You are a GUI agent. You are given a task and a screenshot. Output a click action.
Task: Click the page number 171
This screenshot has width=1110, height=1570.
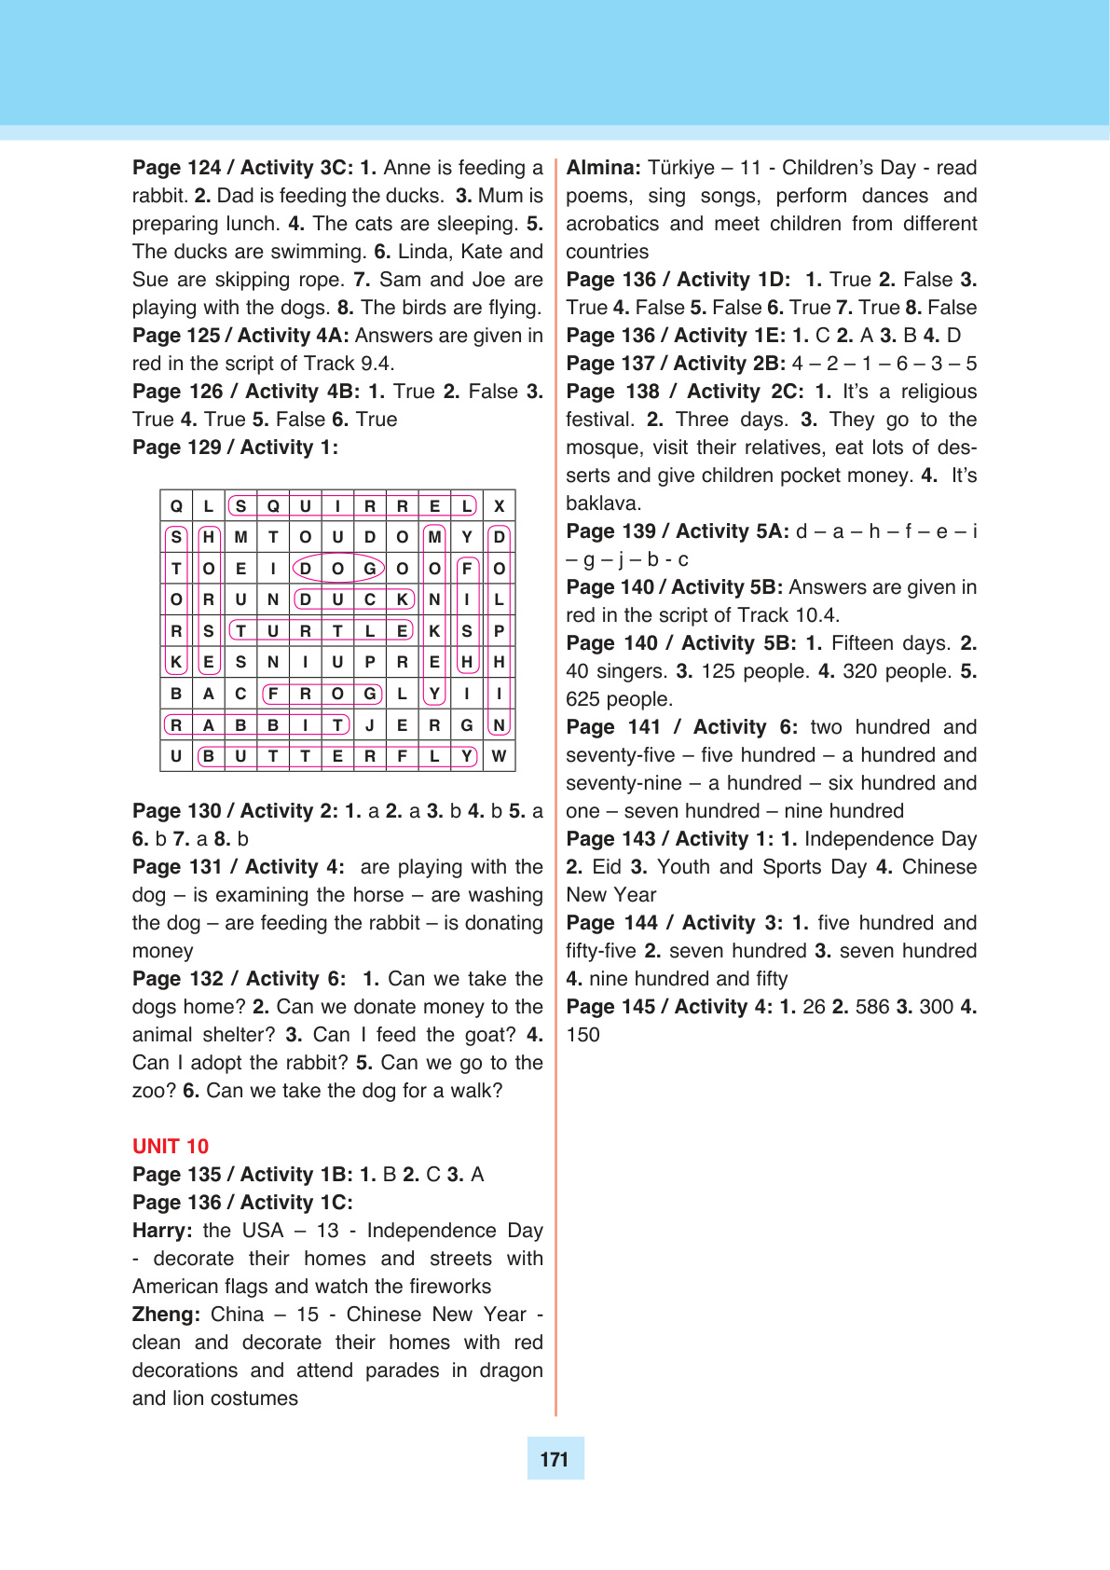555,1459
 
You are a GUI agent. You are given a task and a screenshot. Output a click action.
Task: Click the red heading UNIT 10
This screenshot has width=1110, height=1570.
171,1147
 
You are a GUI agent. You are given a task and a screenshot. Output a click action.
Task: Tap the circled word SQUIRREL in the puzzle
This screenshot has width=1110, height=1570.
353,506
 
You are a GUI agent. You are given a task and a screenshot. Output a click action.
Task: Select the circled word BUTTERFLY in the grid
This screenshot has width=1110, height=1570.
337,756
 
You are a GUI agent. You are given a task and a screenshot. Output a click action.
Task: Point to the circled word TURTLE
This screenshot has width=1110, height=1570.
322,631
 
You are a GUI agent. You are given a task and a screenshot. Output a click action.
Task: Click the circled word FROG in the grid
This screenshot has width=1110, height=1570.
322,694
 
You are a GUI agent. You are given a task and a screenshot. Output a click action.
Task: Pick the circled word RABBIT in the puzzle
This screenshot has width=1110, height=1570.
256,725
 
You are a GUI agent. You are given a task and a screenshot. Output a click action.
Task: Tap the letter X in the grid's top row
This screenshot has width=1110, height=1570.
500,506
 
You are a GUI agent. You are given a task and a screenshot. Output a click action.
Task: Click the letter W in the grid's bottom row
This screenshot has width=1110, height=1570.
500,756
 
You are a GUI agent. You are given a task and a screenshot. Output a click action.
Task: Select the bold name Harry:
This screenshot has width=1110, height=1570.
162,1231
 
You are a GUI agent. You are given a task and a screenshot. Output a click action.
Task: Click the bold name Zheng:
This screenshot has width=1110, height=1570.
166,1315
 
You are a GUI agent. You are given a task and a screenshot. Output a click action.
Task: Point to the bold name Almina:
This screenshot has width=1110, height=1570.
603,168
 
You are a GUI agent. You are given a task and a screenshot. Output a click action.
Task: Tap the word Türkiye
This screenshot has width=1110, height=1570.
681,168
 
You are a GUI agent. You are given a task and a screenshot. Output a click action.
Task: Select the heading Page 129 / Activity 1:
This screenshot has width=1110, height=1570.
235,448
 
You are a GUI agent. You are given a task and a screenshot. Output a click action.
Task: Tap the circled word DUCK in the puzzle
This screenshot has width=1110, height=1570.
353,599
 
